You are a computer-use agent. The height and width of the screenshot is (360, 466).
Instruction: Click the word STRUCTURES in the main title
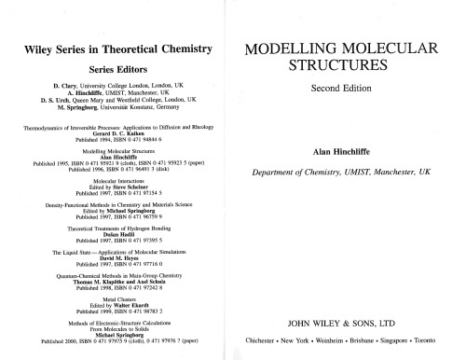(347, 69)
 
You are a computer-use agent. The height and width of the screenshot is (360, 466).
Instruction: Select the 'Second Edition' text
(347, 90)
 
